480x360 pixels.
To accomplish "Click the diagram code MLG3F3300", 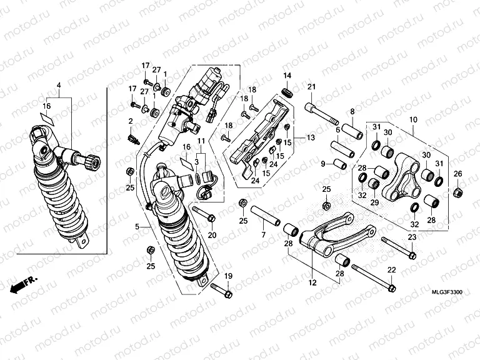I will [x=447, y=292].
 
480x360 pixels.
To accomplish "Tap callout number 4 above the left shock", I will [x=59, y=85].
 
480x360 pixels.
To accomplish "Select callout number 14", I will [x=287, y=76].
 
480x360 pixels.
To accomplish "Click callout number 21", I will [x=311, y=87].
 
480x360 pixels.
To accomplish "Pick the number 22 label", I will [x=392, y=269].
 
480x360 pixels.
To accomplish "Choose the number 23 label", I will [x=411, y=237].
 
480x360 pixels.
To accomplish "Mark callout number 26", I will [x=457, y=174].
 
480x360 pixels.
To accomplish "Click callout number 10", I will [x=412, y=119].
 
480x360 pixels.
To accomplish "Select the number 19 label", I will [x=228, y=276].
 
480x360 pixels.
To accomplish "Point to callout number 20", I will [x=211, y=235].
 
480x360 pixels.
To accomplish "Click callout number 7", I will [x=263, y=234].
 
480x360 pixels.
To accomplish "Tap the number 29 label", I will [x=374, y=202].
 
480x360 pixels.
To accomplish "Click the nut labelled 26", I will [x=457, y=191].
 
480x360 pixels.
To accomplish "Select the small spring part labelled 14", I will [x=288, y=92].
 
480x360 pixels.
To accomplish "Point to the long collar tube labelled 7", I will [x=267, y=214].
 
